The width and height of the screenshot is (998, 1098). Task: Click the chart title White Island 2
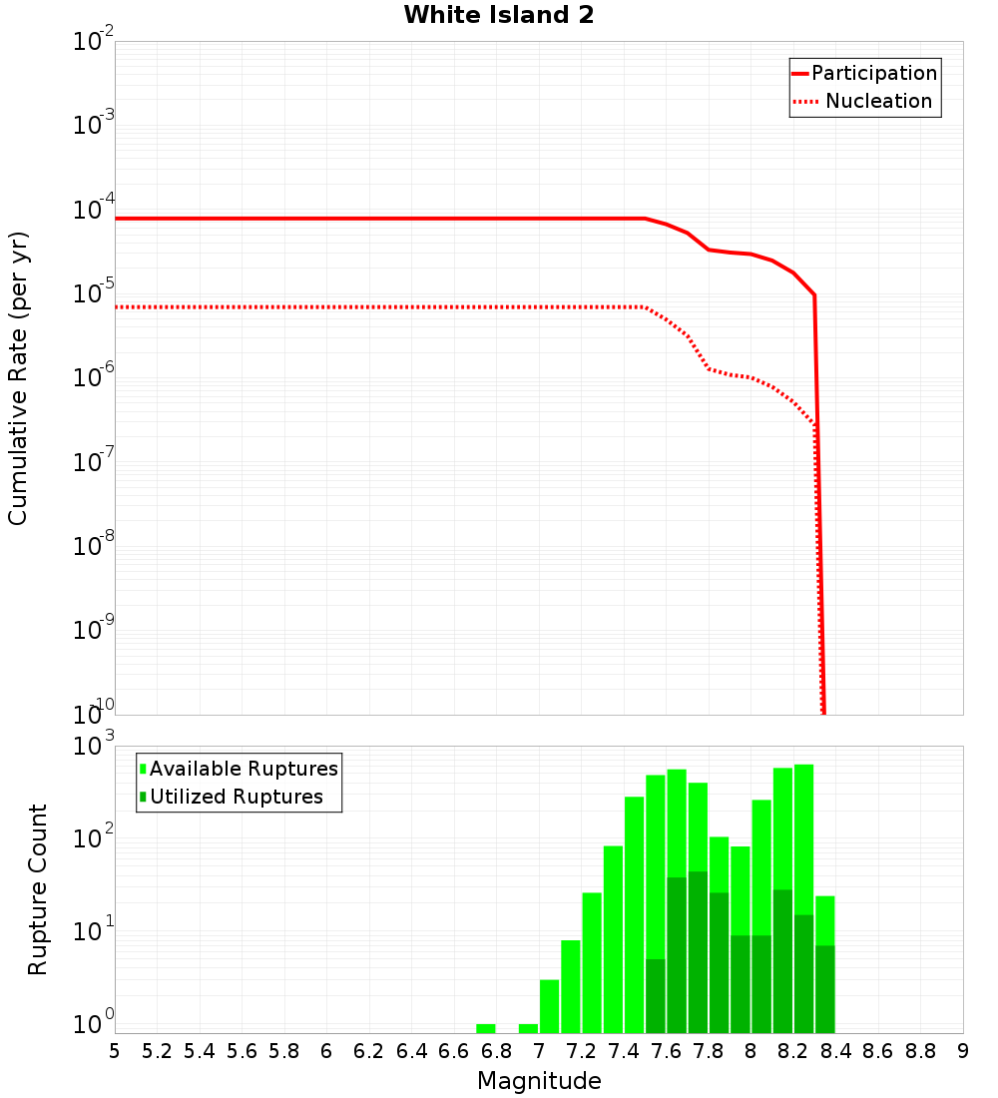(x=498, y=15)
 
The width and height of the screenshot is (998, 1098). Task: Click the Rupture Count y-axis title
(x=38, y=888)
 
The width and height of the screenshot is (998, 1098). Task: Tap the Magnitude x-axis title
(x=539, y=1081)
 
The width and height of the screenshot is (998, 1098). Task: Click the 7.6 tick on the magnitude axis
(x=666, y=1051)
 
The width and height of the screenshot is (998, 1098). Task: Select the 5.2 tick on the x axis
(x=157, y=1051)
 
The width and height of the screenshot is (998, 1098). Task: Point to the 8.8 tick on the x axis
(x=920, y=1051)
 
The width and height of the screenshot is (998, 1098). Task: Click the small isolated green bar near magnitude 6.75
(x=485, y=1028)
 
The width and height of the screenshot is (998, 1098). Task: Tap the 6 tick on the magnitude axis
(x=326, y=1051)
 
